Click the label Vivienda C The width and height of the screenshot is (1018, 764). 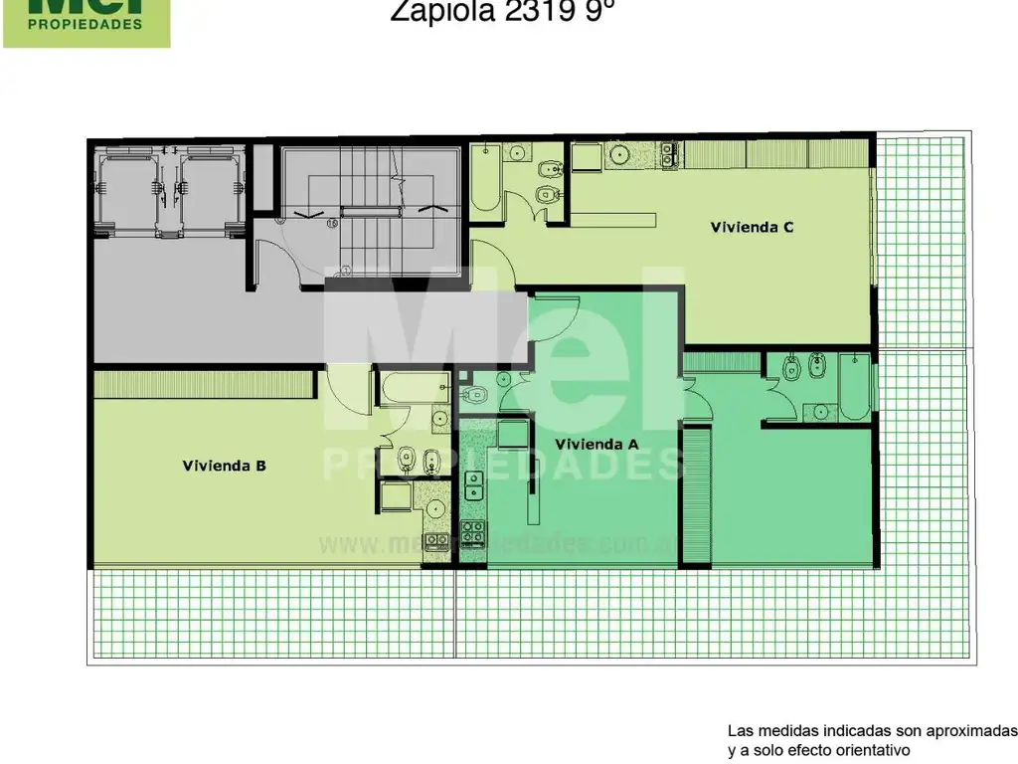(751, 227)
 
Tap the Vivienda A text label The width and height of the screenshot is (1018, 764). (595, 445)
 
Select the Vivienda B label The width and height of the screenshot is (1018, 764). (224, 465)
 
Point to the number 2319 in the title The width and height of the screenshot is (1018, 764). (540, 11)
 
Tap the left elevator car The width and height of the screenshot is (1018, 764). (127, 188)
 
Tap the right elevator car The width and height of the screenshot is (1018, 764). (211, 188)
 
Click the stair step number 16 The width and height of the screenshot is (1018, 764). (332, 224)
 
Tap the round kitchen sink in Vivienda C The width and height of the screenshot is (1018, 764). (618, 155)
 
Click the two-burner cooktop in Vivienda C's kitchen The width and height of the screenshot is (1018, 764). (667, 154)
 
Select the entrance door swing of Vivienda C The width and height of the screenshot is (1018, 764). (491, 264)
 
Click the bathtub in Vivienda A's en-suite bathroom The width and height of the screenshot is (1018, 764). (856, 388)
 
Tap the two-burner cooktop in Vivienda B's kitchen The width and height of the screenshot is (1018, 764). (435, 541)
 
